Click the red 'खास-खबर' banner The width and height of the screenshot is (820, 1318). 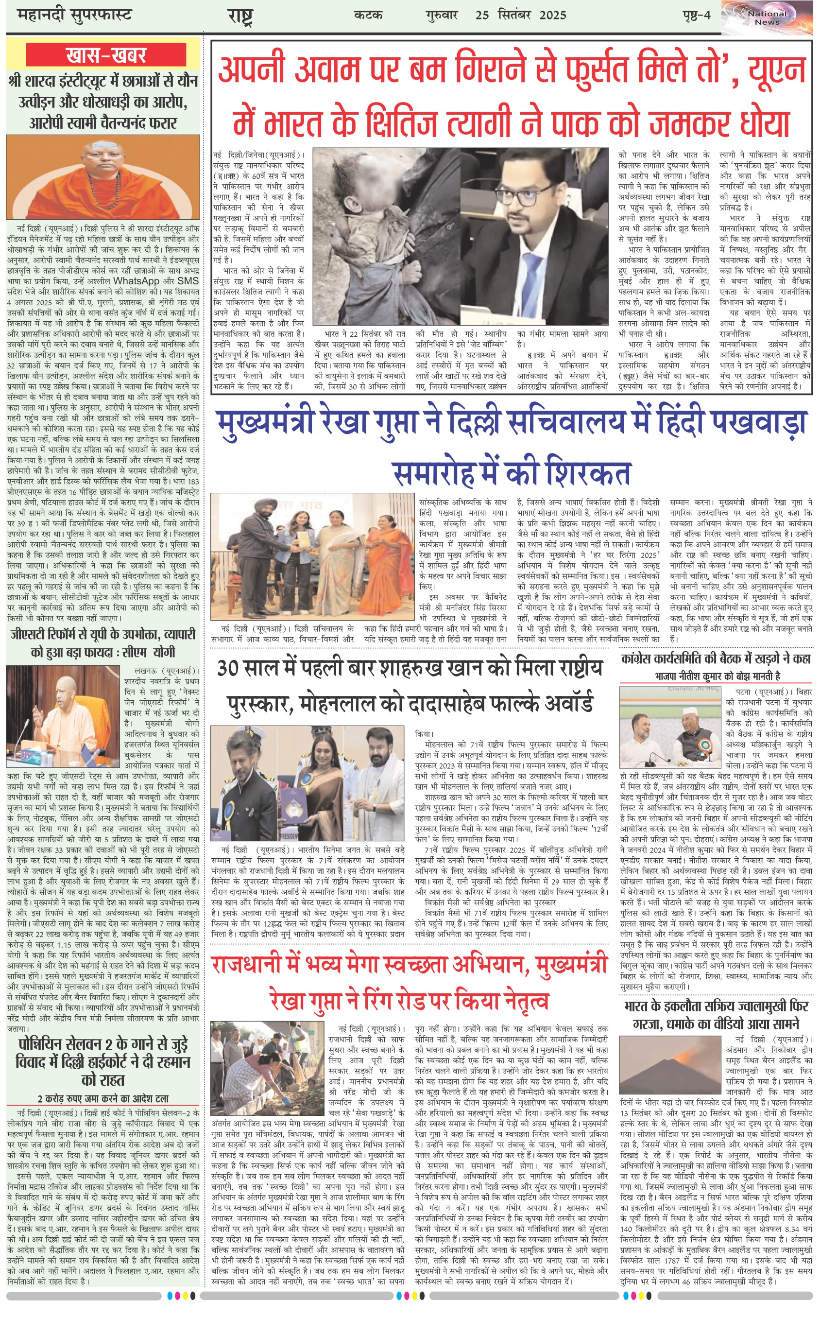[106, 55]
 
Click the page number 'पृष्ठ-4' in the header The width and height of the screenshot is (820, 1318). [696, 15]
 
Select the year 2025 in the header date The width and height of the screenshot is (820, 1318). [553, 15]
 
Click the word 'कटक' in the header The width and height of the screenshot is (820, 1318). [368, 15]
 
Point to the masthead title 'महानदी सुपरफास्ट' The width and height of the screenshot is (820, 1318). [75, 15]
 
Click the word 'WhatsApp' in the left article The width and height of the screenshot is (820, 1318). [136, 281]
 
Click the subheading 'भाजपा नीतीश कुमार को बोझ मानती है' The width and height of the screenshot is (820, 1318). [717, 676]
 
